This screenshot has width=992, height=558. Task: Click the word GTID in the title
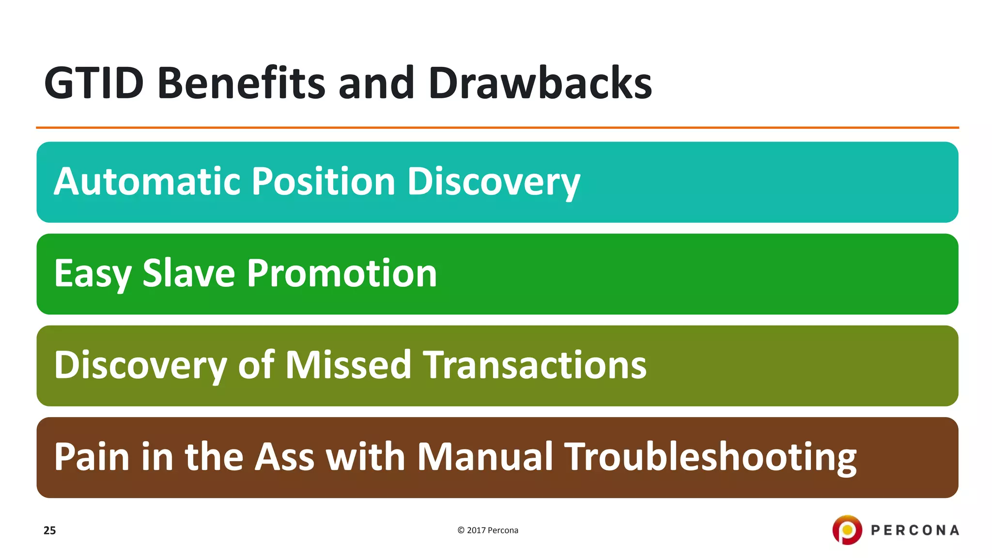tap(93, 83)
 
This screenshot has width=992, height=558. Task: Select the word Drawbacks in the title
tap(540, 83)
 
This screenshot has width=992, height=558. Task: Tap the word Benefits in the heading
tap(241, 83)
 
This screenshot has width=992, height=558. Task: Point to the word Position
tap(324, 182)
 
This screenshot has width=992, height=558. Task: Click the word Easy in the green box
tap(92, 274)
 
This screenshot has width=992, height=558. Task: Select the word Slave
tap(189, 273)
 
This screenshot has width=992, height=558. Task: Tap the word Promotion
tap(342, 273)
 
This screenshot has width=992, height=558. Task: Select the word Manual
tap(484, 457)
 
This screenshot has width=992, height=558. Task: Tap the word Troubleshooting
tap(711, 458)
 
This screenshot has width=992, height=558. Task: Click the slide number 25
tap(49, 530)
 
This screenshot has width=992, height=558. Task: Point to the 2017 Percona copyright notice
tap(488, 530)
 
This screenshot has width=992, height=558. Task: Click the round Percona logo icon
tap(847, 530)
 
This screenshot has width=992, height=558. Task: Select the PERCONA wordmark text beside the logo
tap(915, 530)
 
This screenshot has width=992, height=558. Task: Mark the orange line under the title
tap(497, 128)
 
